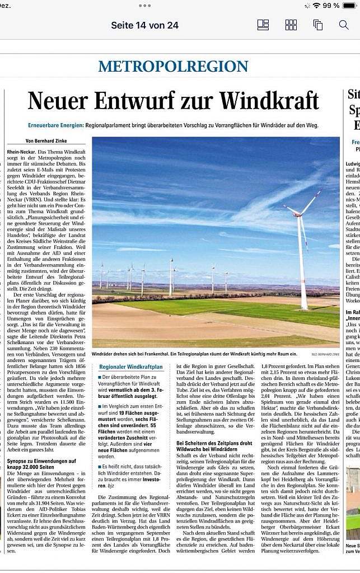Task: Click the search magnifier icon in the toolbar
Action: tap(344, 25)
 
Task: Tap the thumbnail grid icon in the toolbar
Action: tap(291, 25)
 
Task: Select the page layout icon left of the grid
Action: tap(263, 25)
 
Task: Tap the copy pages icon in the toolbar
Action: tap(318, 25)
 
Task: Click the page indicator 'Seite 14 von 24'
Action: tap(144, 25)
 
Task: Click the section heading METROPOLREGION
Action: tap(173, 67)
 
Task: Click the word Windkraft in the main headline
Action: tap(269, 101)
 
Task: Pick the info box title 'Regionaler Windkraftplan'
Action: tap(131, 367)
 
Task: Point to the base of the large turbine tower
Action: tap(304, 307)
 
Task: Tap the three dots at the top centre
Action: tap(144, 6)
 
